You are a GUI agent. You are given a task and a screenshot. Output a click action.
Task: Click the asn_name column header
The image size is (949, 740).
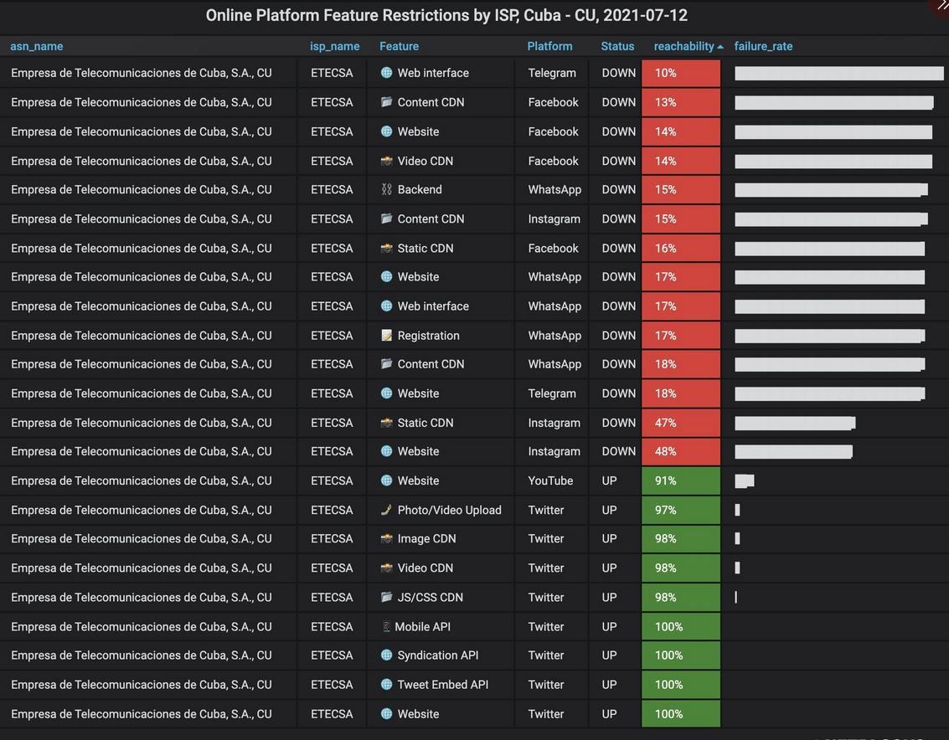coord(37,46)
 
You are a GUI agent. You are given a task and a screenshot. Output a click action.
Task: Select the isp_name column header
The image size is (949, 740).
coord(334,46)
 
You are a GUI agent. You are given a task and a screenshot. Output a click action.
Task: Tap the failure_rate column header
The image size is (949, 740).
coord(763,46)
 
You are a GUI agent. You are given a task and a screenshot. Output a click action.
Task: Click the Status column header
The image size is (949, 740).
coord(617,46)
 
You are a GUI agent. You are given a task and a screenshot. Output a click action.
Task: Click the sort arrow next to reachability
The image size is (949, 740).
coord(720,47)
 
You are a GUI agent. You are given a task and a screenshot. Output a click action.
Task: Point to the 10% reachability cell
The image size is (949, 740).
coord(680,73)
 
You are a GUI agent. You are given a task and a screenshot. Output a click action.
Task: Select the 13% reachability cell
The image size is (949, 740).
coord(680,102)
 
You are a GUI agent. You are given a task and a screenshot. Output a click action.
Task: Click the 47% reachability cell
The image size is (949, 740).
coord(680,423)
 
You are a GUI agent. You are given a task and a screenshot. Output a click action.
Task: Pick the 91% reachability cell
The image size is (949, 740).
coord(680,480)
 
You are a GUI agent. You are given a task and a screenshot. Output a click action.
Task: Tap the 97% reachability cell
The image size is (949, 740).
coord(680,510)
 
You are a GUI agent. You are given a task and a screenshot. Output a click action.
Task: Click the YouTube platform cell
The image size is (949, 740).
coord(550,480)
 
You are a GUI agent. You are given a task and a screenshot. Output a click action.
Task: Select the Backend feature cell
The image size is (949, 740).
coord(420,189)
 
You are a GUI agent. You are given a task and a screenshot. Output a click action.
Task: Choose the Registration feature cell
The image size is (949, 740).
coord(428,336)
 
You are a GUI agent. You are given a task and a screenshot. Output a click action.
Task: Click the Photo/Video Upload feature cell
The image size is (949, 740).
coord(449,510)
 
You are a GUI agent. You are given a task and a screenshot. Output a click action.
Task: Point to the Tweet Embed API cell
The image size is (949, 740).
coord(442,685)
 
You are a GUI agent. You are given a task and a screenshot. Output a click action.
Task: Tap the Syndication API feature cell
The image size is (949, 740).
coord(437,655)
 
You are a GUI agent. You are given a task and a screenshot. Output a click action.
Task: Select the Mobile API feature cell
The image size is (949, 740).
coord(422,627)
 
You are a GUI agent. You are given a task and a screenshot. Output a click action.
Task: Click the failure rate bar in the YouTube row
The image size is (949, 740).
coord(745,480)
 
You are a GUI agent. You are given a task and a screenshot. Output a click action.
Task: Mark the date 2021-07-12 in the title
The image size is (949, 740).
coord(645,15)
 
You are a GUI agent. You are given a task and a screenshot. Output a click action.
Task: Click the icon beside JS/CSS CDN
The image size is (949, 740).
coord(386,598)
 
